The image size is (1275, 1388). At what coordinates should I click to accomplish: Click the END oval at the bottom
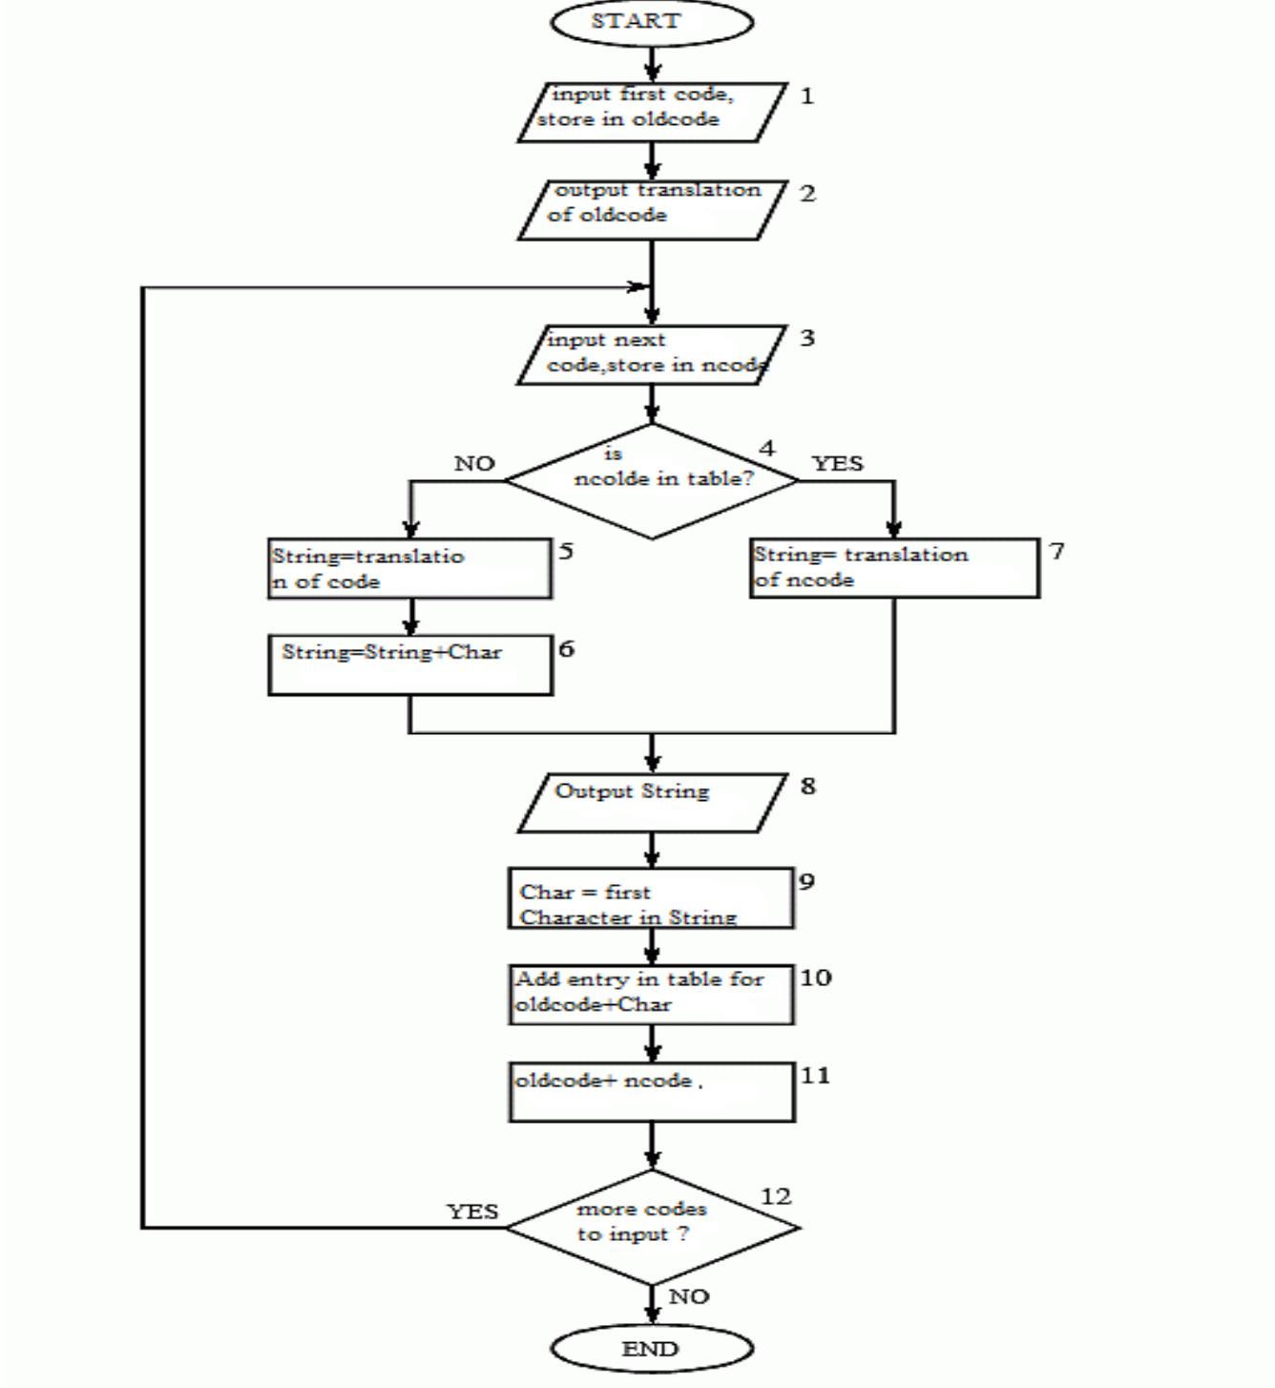[x=652, y=1349]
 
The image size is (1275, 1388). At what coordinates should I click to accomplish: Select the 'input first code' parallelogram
[x=652, y=113]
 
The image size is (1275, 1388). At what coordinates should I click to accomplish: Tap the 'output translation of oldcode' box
[x=652, y=210]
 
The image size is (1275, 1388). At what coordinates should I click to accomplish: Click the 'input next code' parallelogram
[x=652, y=355]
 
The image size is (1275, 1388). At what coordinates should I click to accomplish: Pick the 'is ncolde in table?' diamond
[x=652, y=481]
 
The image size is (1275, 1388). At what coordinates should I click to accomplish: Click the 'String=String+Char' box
[x=410, y=665]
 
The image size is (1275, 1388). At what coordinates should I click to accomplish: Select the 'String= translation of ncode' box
[x=894, y=568]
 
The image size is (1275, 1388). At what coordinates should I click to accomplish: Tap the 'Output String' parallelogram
[x=652, y=803]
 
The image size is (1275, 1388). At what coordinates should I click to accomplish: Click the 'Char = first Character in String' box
[x=652, y=898]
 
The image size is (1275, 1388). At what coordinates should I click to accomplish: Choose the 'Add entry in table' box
[x=652, y=995]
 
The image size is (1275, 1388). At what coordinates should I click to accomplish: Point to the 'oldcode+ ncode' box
[x=652, y=1092]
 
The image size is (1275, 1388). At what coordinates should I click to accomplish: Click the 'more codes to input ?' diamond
[x=652, y=1227]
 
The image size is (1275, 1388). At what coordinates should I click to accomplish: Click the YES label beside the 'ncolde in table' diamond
[x=837, y=464]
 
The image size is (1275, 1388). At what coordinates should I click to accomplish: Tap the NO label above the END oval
[x=688, y=1296]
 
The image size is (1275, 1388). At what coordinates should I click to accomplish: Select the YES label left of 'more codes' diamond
[x=472, y=1211]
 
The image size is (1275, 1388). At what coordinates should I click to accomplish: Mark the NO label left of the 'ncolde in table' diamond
[x=474, y=464]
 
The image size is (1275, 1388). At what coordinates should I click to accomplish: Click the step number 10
[x=815, y=978]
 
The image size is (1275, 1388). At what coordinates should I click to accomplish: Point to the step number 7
[x=1056, y=551]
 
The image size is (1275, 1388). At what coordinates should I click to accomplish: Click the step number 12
[x=776, y=1196]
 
